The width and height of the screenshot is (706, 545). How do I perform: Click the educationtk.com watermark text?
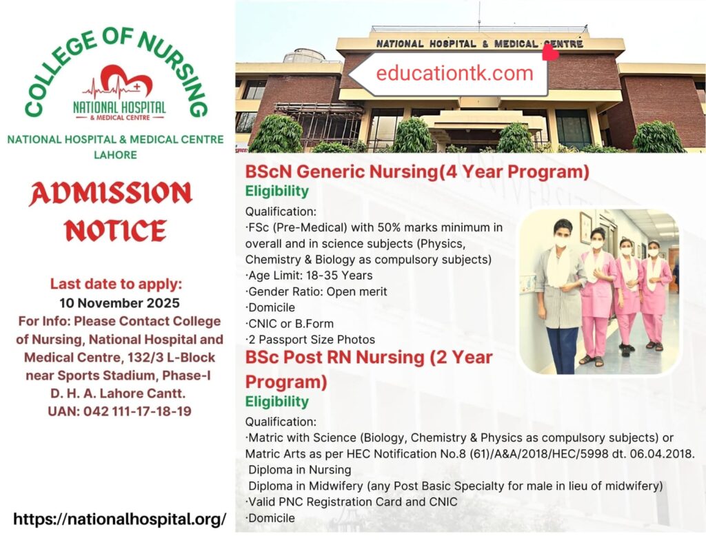tap(454, 74)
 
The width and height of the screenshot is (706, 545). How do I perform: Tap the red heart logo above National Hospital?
tap(117, 81)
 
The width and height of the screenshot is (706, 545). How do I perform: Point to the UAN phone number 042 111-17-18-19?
tap(120, 411)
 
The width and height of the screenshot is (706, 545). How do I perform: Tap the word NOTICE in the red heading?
tap(115, 231)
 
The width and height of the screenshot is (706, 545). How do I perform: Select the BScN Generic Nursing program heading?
tap(417, 172)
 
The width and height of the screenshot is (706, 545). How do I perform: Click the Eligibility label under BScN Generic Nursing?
tap(277, 192)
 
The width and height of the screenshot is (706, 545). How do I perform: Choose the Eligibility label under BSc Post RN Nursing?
tap(277, 402)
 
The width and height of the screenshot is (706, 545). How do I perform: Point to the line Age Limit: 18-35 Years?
tap(311, 276)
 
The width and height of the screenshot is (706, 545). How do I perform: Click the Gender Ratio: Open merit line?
tap(316, 291)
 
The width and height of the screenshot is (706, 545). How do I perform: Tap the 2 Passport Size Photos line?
tap(310, 339)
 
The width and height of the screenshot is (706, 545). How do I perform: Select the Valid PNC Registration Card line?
tap(352, 502)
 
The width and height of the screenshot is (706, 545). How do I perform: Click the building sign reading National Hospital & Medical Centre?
tap(479, 43)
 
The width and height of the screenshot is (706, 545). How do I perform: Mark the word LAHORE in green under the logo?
tap(115, 155)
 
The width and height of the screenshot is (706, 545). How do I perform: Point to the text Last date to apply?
tap(115, 284)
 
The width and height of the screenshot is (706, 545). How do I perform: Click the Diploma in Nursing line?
tap(300, 470)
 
